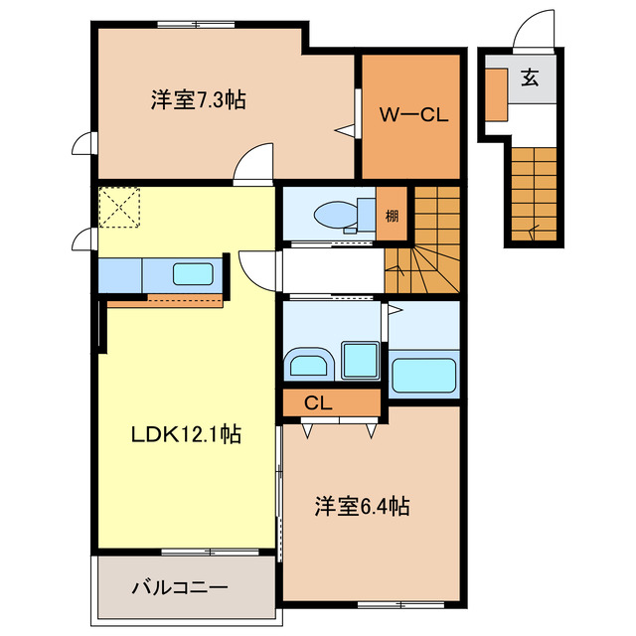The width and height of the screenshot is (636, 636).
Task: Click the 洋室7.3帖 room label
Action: click(199, 100)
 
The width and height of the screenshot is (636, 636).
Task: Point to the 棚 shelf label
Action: click(393, 214)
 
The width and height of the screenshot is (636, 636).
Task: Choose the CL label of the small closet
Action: click(318, 403)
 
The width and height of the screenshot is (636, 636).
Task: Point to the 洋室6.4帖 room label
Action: click(362, 506)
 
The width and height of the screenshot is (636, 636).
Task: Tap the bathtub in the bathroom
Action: click(423, 377)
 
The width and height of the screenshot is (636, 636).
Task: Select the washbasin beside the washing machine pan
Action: click(308, 365)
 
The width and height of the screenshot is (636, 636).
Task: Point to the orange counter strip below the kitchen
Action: click(164, 301)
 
